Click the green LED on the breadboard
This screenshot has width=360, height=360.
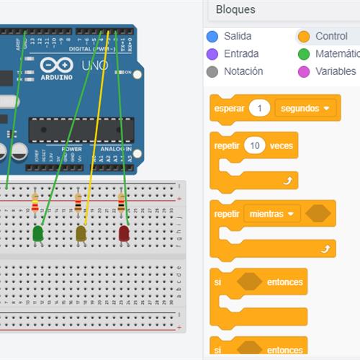point(38,233)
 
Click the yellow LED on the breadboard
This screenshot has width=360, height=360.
point(81,233)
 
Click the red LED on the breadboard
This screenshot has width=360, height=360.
point(124,233)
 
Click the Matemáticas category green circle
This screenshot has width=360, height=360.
point(303,54)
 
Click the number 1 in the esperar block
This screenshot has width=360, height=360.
point(259,108)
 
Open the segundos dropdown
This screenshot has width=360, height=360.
point(306,108)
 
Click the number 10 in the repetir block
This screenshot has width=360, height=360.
point(255,145)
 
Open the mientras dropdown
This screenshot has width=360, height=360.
point(271,214)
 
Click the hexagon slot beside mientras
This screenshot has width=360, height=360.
point(318,214)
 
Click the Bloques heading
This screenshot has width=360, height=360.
point(235,10)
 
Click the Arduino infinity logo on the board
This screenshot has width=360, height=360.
point(57,64)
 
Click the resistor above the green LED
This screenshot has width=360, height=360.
point(35,204)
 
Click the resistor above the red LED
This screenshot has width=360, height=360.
point(121,204)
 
